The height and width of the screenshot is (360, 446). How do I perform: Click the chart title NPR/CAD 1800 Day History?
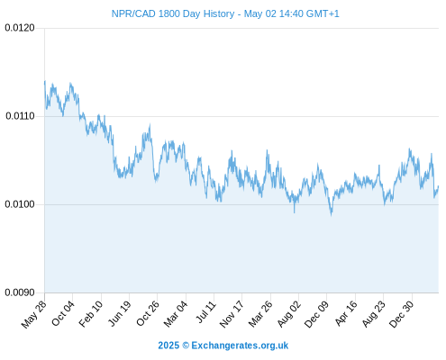pos(173,13)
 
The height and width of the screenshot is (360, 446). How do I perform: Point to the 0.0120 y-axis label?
pos(20,28)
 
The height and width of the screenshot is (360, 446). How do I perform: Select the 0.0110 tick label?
pos(20,116)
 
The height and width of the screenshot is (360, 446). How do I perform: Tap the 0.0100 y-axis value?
pos(20,204)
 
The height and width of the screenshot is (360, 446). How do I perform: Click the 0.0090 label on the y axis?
pos(20,292)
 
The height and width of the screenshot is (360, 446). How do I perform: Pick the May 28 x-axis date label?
pos(34,314)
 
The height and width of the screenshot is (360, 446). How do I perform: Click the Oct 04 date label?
pos(63,313)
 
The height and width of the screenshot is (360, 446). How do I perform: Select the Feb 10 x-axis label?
pos(91,313)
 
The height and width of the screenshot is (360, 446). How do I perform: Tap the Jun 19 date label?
pos(120,313)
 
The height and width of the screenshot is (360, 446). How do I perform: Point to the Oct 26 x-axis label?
pos(148,313)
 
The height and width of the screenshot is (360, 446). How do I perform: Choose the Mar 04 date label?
pos(176,313)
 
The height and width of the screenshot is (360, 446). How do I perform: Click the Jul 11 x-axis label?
pos(206,311)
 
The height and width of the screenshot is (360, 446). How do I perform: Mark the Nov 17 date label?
pos(232,314)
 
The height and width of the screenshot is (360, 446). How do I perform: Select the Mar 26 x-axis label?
pos(260,314)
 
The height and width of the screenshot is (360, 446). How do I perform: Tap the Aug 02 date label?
pos(288,314)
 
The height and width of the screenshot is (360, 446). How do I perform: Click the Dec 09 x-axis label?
pos(316,314)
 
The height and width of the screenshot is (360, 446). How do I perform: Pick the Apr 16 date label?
pos(346,313)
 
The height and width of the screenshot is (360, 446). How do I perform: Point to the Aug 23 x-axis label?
pos(374,314)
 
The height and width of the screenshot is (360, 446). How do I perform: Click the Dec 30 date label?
pos(402,314)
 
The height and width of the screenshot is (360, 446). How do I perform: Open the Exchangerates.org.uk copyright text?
pos(223,346)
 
